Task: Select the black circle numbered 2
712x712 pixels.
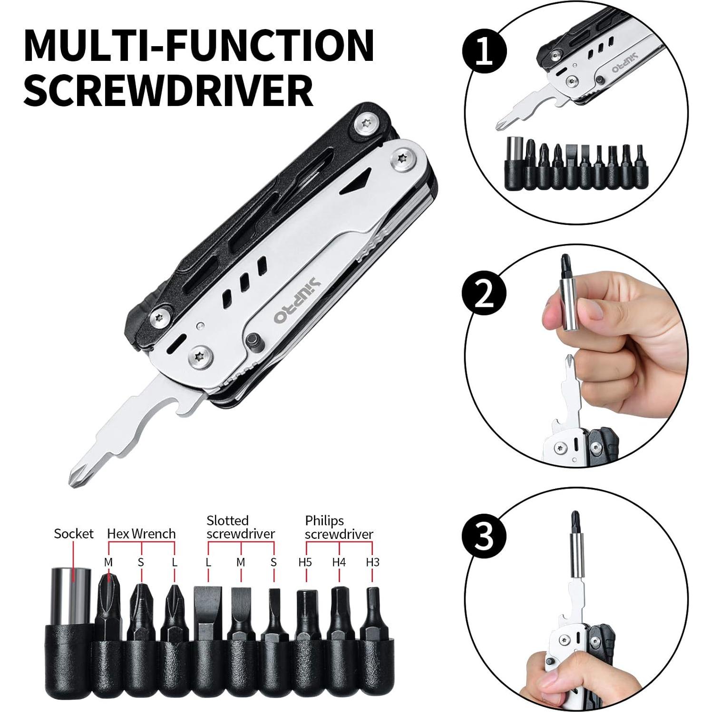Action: [x=485, y=296]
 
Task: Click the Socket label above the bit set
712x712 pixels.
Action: [x=74, y=534]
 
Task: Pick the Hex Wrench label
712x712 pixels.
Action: [x=141, y=534]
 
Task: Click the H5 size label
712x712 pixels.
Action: [x=305, y=562]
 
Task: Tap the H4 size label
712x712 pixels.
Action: [x=339, y=562]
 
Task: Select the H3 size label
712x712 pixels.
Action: [x=372, y=562]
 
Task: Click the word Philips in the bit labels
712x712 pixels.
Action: [x=324, y=521]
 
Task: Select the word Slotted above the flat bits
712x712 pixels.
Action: [x=227, y=521]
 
